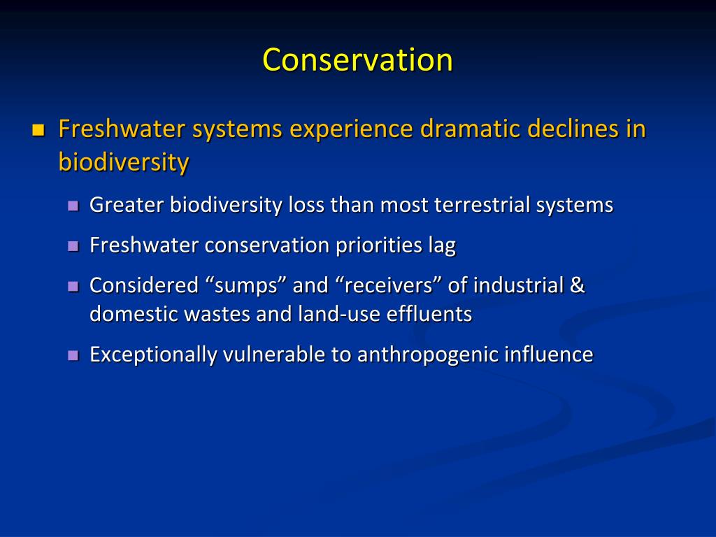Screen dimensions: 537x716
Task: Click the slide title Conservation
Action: (357, 60)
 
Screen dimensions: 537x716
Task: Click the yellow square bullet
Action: (38, 130)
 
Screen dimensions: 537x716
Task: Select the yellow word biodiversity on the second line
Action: (124, 162)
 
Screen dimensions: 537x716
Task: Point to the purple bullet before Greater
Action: (73, 206)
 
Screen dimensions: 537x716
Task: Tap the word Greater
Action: (127, 205)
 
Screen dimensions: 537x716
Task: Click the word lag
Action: (442, 245)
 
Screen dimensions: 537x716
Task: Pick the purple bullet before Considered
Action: (73, 286)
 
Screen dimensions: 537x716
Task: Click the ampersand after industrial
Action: (578, 285)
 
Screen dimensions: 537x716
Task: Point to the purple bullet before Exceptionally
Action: (73, 355)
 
